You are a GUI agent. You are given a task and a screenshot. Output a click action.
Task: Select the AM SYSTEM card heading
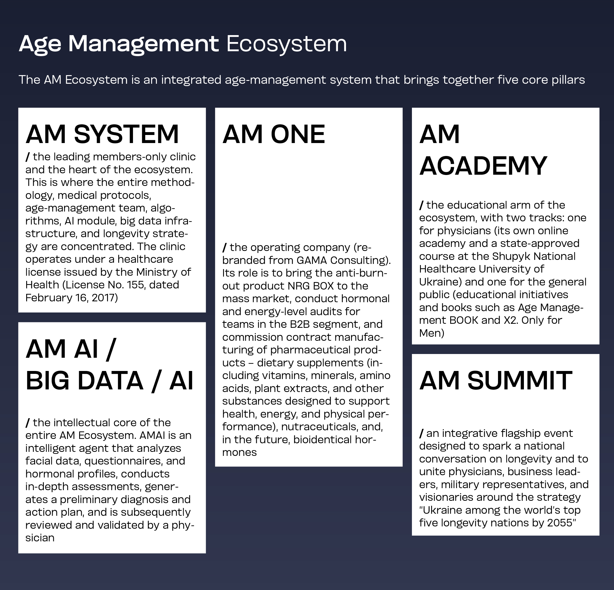pos(102,134)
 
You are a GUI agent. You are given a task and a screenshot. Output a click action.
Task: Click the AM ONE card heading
pos(274,134)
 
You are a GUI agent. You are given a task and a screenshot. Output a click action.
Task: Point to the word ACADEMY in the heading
pos(483,166)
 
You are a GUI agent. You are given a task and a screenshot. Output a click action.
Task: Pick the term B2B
pos(300,324)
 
